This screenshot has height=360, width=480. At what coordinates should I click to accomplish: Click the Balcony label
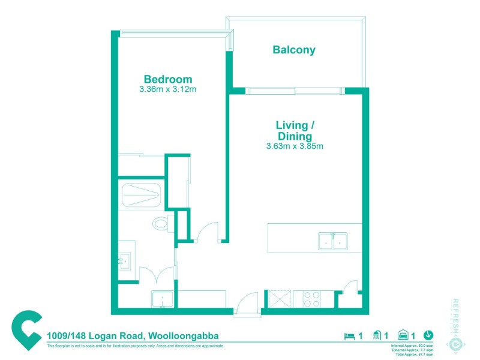click(294, 50)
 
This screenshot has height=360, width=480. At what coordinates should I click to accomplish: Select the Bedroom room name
click(167, 79)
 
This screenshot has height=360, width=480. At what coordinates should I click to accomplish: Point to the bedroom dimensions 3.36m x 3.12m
click(167, 89)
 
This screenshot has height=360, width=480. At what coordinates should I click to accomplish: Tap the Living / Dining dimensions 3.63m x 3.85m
click(295, 146)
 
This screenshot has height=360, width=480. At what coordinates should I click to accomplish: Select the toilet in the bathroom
click(161, 224)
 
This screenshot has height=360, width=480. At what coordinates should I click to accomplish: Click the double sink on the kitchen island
click(332, 242)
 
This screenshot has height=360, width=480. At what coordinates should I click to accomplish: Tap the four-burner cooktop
click(312, 299)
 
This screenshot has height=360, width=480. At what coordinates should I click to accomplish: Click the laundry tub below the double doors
click(163, 299)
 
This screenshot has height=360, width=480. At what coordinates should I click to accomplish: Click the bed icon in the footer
click(349, 335)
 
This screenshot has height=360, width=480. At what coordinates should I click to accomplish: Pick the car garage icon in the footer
click(404, 335)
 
